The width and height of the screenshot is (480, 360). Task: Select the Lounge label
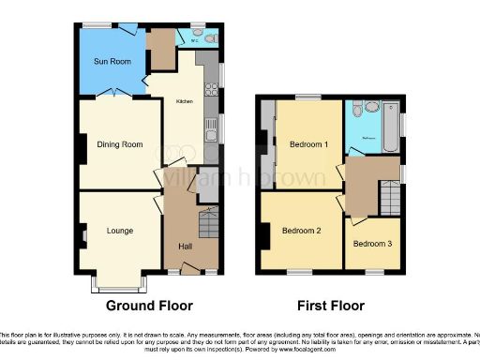coord(118,230)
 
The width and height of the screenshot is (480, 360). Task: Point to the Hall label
coord(186,246)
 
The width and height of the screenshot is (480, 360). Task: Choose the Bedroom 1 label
coord(307,144)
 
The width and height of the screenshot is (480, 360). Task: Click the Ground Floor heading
coord(149,306)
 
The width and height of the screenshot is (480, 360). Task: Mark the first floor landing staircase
coord(390,198)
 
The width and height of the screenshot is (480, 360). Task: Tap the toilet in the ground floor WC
coord(211,38)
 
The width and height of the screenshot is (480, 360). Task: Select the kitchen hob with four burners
coord(211,91)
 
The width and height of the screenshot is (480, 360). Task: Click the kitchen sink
coord(212,128)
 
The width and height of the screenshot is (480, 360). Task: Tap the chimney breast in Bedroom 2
coord(264,235)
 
